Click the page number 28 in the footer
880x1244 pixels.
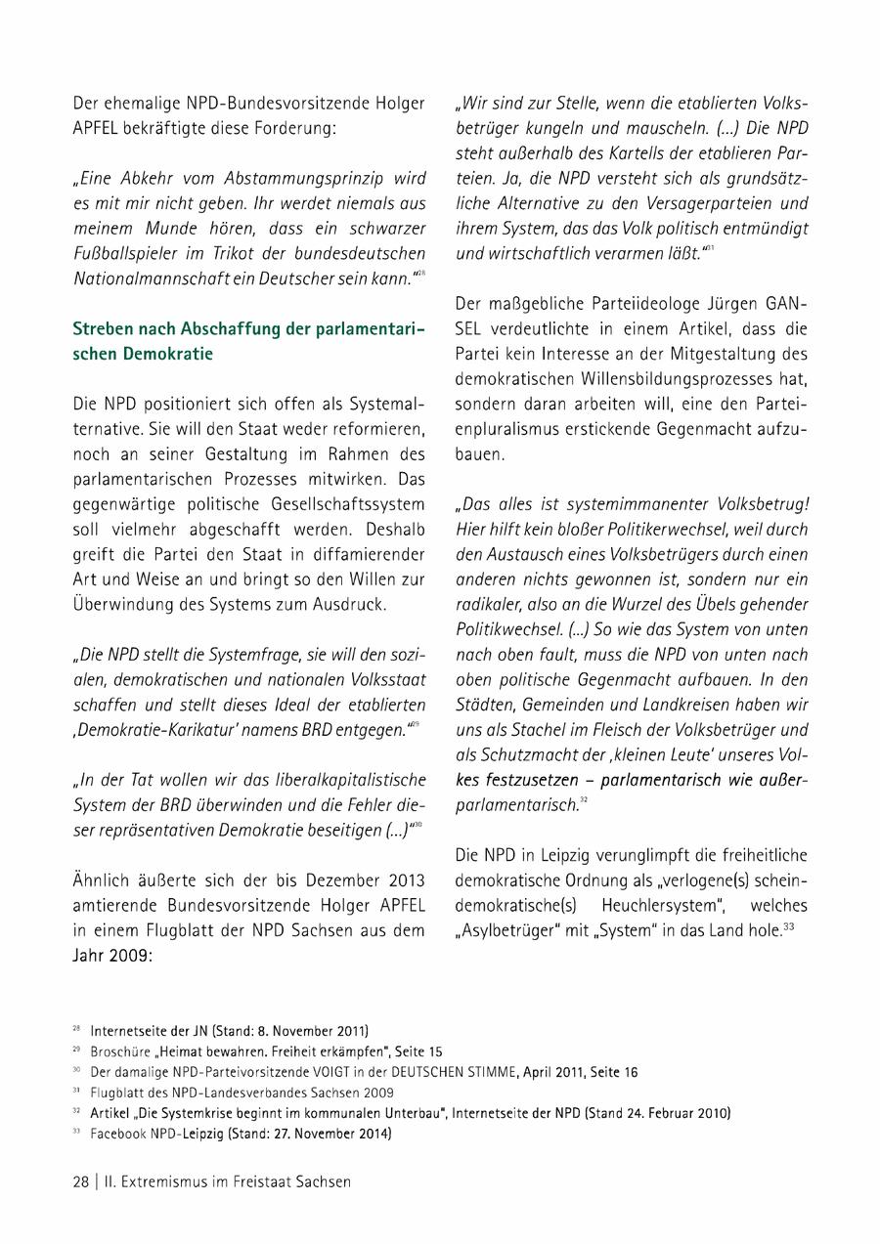pos(80,1180)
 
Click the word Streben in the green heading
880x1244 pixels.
pos(105,328)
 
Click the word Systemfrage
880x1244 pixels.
pos(241,654)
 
